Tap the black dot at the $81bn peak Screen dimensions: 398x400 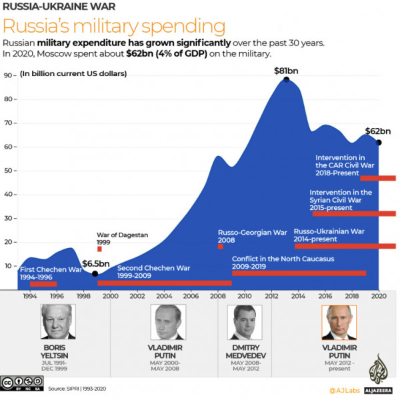tap(286, 79)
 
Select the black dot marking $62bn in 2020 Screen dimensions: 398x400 tap(379, 142)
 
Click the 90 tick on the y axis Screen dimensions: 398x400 tap(9, 75)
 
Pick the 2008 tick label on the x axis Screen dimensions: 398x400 tap(217, 295)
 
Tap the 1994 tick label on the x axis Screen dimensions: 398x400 tap(30, 295)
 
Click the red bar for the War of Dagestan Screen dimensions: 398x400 tap(99, 249)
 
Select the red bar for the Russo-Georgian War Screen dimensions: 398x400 tap(221, 246)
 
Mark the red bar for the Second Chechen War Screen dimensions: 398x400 tap(164, 283)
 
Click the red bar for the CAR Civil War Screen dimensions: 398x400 tap(378, 178)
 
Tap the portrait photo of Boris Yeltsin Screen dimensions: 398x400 tap(57, 323)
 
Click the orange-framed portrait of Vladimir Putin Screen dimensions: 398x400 tap(339, 323)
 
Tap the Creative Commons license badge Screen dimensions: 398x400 tap(20, 383)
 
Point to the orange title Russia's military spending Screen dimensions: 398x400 tap(114, 27)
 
